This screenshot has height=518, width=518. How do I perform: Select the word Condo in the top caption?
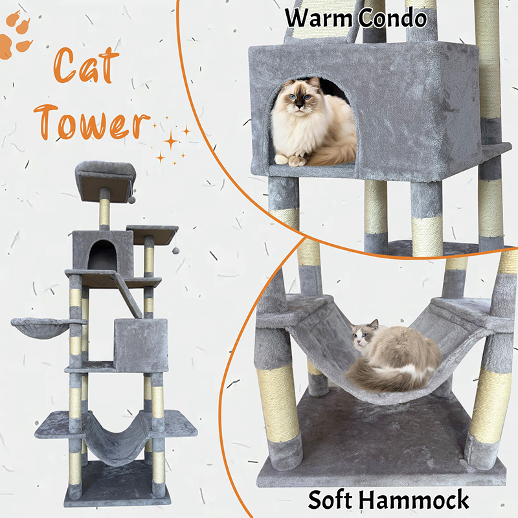point(392,18)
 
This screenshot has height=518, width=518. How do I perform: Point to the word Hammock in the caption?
point(414,500)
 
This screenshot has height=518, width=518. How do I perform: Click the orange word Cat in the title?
point(86,65)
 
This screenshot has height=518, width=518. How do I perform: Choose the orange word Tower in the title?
point(92,122)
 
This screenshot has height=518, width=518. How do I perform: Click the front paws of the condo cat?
point(291,160)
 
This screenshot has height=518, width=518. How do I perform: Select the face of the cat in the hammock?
point(362,337)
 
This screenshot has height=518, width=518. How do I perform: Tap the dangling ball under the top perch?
point(132,199)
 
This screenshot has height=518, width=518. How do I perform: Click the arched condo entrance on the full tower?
point(102,255)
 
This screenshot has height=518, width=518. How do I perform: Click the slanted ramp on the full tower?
point(126,295)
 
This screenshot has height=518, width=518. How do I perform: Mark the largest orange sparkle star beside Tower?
point(171,141)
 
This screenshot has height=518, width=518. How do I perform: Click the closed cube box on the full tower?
point(141,345)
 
